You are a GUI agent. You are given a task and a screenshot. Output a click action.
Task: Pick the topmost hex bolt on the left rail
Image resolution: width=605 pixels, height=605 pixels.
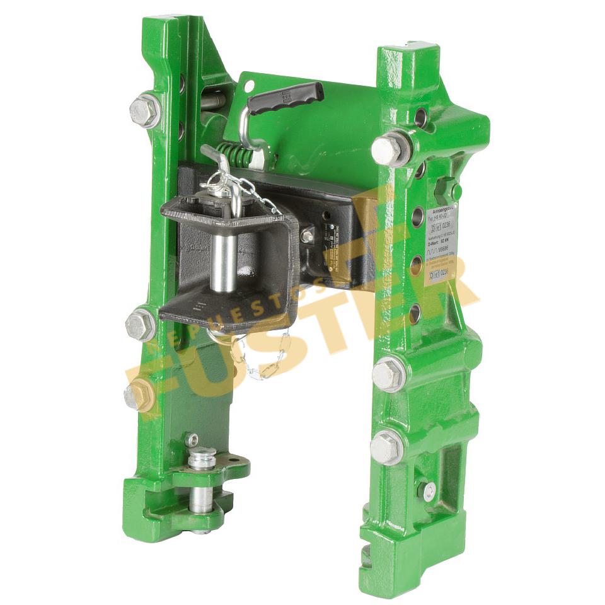[x=144, y=111]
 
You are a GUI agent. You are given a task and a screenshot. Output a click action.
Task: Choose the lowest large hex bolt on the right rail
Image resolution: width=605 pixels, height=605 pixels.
[x=386, y=448]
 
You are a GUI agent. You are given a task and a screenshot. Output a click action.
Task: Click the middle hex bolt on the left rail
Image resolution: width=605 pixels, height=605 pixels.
[x=140, y=325]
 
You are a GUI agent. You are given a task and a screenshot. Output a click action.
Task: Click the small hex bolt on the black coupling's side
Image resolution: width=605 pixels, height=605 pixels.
[x=307, y=236]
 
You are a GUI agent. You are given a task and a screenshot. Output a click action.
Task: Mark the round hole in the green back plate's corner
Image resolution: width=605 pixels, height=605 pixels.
[x=249, y=85]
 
